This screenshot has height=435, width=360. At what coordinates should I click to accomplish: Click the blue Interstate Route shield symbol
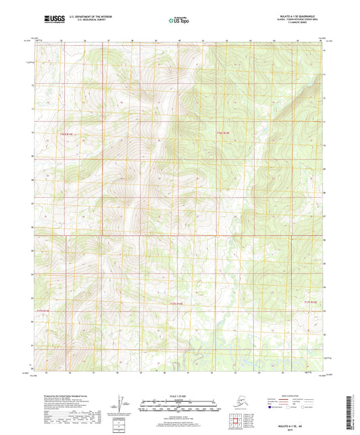click(273, 408)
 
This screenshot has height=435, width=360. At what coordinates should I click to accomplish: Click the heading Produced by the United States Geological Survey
click(64, 396)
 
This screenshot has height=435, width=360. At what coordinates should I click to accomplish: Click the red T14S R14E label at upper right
click(223, 133)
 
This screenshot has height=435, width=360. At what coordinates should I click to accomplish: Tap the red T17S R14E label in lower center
click(175, 305)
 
